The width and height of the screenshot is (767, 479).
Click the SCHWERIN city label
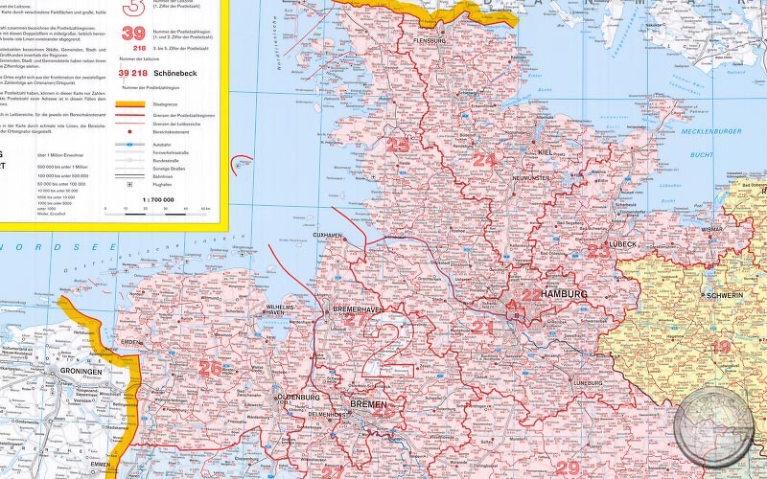(x=724, y=296)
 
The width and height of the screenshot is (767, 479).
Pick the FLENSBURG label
(x=430, y=42)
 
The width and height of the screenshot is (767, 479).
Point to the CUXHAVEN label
(x=328, y=235)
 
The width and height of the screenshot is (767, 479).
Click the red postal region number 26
(x=209, y=367)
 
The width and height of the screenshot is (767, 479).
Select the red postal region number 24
(x=485, y=160)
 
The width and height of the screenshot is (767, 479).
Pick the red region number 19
(x=720, y=347)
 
